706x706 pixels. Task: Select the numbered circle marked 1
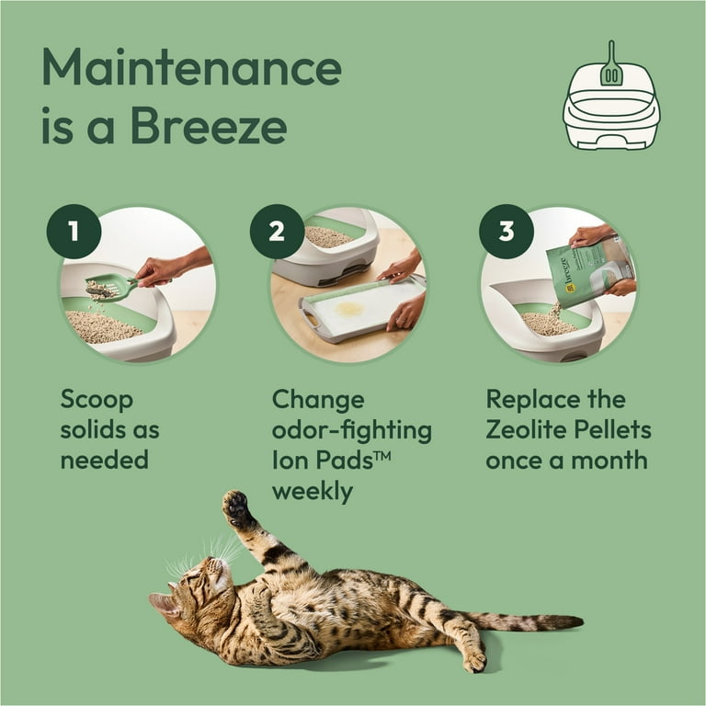[74, 232]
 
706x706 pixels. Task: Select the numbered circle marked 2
[277, 232]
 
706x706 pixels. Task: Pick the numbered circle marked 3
[506, 232]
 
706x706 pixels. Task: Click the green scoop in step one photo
[110, 288]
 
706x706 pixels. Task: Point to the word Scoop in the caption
[97, 401]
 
